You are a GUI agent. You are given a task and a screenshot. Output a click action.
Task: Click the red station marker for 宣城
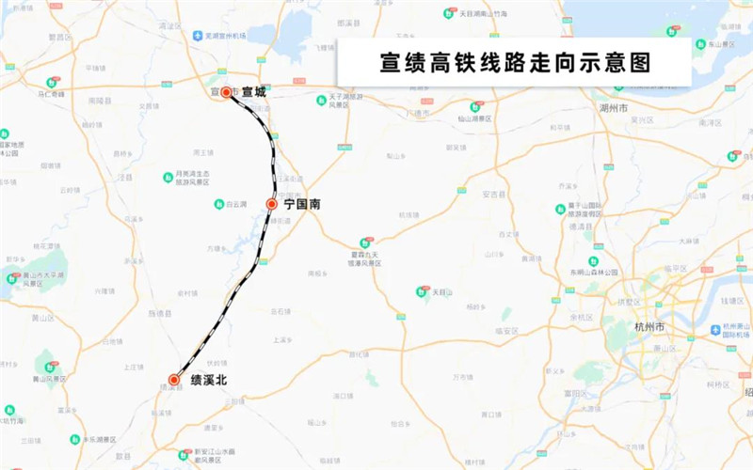(226, 92)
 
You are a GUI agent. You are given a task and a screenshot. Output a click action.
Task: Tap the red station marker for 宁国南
(271, 204)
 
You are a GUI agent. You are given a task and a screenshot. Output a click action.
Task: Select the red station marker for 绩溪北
(173, 380)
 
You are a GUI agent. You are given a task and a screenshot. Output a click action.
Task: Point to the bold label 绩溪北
(208, 380)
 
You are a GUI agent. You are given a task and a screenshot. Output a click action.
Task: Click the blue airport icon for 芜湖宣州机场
(198, 36)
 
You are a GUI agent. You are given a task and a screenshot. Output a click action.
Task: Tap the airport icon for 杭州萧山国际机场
(715, 330)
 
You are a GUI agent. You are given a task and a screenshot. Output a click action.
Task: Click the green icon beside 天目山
(422, 292)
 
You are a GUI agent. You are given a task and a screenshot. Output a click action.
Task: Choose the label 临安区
(506, 331)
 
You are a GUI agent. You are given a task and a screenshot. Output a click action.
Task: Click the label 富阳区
(576, 393)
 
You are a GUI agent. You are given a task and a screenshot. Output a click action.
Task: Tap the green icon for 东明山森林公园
(594, 261)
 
